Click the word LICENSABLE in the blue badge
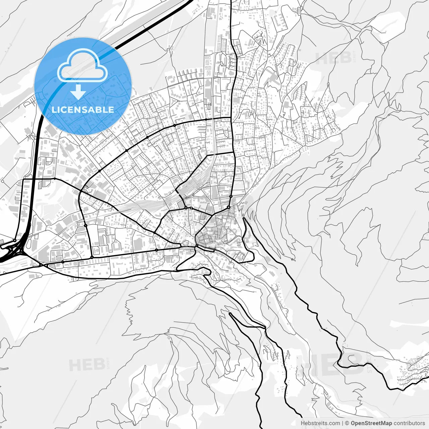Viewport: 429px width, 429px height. tap(83, 110)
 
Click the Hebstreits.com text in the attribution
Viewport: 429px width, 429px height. tap(320, 423)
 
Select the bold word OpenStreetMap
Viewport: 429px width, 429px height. tap(371, 423)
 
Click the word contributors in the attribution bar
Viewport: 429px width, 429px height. tap(409, 423)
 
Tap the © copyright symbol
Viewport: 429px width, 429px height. tap(347, 423)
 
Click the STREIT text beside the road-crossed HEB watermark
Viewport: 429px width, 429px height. tap(369, 362)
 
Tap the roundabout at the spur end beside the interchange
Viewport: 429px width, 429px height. tap(15, 240)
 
